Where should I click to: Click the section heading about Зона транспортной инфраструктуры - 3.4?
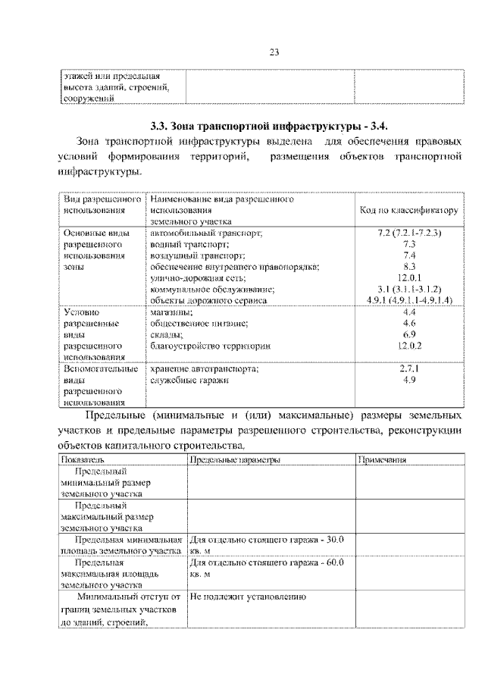point(270,125)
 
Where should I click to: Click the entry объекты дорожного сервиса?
point(208,300)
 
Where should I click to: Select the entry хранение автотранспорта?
point(205,369)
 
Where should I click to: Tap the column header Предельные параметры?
point(236,460)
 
